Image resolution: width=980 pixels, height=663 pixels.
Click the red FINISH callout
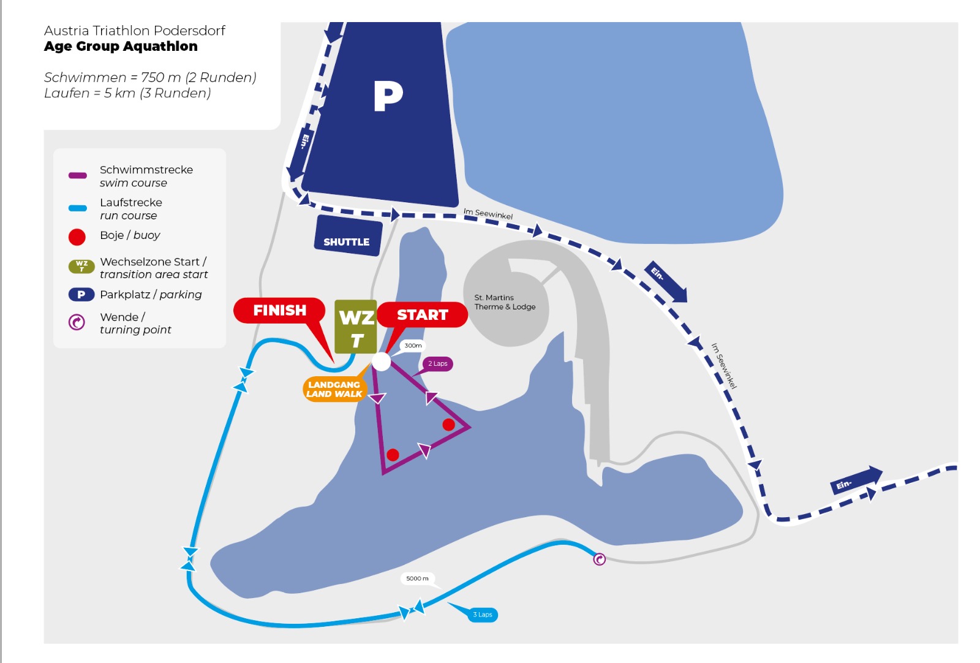(280, 311)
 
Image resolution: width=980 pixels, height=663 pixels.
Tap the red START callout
(422, 315)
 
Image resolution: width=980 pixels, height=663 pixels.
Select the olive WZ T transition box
(356, 327)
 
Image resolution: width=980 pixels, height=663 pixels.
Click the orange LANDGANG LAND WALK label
(334, 389)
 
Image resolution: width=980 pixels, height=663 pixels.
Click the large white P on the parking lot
(388, 96)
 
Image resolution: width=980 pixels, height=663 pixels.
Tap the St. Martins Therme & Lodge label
(505, 303)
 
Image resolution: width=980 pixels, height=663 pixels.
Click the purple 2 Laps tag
(437, 363)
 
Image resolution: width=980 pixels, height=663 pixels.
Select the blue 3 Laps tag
(482, 615)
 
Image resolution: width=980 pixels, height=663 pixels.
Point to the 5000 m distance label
(417, 578)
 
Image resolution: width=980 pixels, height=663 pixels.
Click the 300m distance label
(413, 346)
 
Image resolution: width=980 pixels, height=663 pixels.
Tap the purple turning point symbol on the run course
(600, 559)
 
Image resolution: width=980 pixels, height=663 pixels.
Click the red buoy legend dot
(77, 237)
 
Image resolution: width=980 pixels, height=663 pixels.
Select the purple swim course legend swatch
(77, 175)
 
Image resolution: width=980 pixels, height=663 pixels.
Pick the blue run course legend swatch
(77, 208)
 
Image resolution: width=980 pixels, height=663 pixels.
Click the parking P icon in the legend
(81, 295)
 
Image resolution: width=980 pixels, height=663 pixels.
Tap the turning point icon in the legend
(77, 322)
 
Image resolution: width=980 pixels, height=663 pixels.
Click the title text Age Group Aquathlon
(121, 47)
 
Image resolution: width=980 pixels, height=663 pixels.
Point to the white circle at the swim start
(381, 362)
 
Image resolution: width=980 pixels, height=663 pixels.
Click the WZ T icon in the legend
(81, 267)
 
